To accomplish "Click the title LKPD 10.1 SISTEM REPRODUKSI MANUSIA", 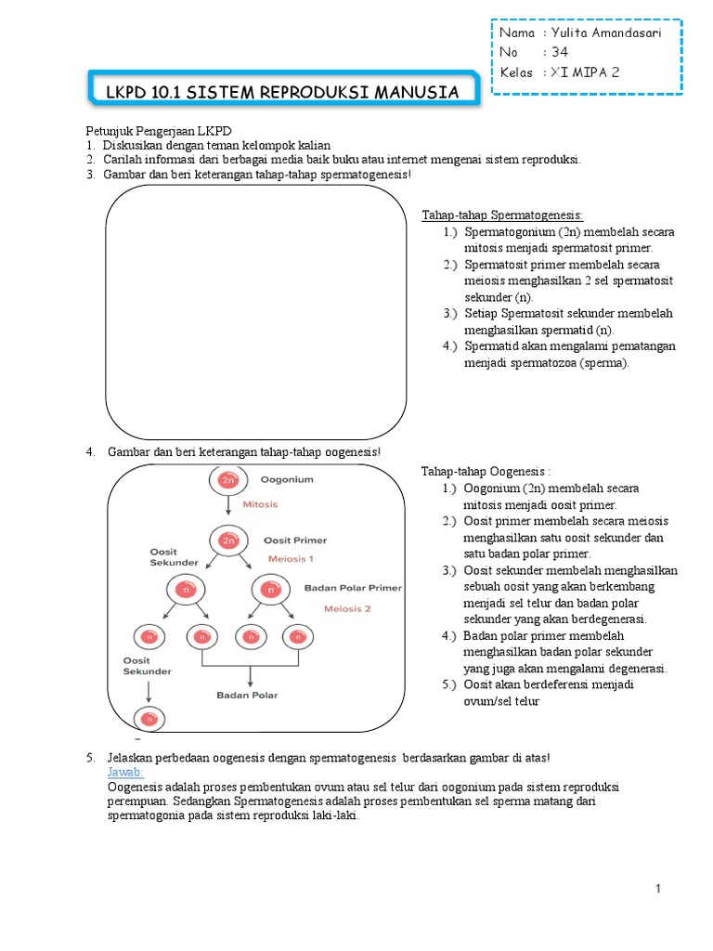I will click(x=282, y=93).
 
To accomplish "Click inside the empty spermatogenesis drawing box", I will click(x=255, y=311).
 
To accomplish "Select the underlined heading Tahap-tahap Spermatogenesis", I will click(x=502, y=215).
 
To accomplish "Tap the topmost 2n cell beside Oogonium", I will click(x=227, y=480).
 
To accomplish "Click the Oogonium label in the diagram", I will click(x=287, y=480).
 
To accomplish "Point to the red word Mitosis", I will click(x=260, y=504).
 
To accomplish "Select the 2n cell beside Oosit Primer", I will click(x=227, y=540).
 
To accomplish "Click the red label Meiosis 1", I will click(x=291, y=559).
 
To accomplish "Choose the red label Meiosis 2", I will click(x=347, y=609).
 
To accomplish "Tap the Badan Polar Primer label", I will click(x=353, y=588).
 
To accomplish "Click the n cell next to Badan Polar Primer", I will click(x=270, y=589).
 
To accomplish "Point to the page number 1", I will click(x=657, y=890).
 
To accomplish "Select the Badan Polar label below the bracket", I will click(x=247, y=695).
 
